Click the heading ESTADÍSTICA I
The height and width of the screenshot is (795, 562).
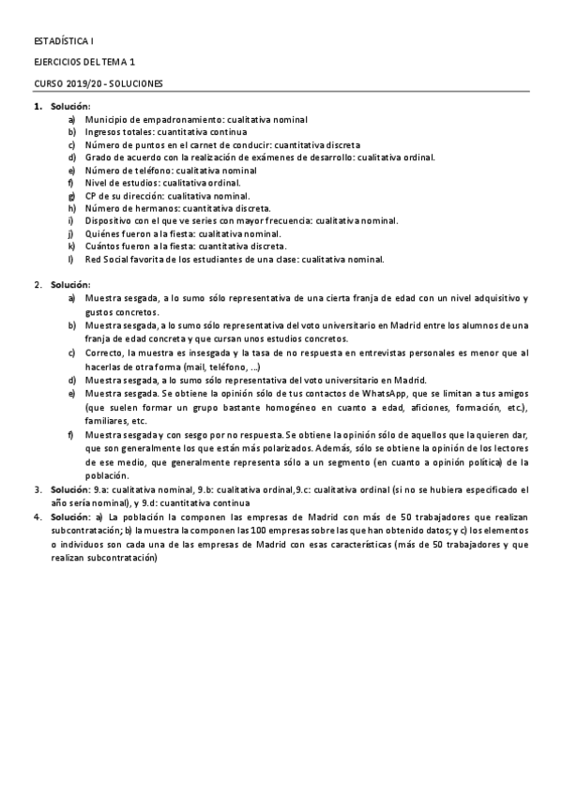[x=64, y=42]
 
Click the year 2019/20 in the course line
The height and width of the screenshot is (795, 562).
[x=84, y=82]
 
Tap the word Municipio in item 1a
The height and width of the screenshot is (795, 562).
[x=105, y=120]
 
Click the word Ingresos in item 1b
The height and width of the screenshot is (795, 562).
[x=102, y=132]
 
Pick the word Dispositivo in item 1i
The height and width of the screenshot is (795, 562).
[x=109, y=221]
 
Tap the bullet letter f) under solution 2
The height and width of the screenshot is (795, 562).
[x=72, y=436]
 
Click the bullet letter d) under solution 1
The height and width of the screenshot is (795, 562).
[x=72, y=157]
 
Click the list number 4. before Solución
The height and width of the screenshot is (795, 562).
[x=38, y=517]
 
